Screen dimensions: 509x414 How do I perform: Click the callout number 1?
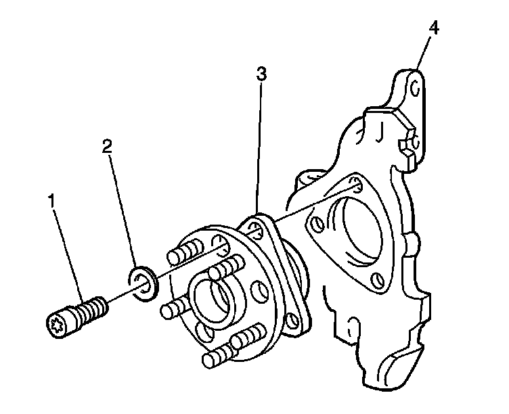pos(51,201)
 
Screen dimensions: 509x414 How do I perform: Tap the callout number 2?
pos(106,146)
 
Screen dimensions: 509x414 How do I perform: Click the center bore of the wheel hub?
pos(212,298)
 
